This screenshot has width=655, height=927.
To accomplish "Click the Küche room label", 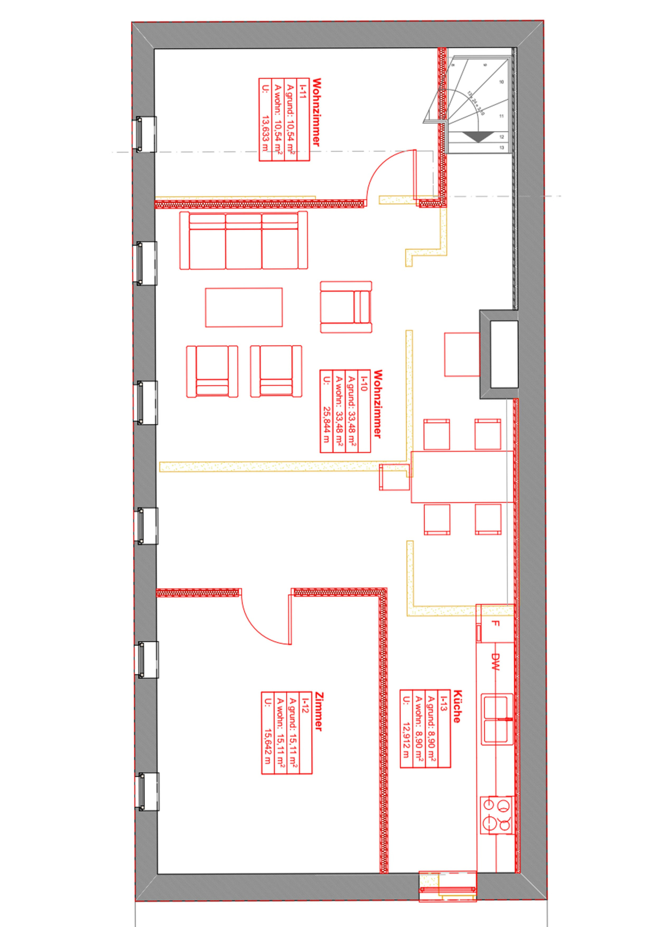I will pos(457,706).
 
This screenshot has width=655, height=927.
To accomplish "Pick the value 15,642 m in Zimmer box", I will pos(267,746).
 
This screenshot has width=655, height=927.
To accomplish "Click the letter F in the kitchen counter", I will pos(495,623).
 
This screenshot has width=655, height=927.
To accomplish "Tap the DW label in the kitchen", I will pos(495,662).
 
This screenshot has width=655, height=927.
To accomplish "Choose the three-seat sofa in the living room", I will pos(244,240).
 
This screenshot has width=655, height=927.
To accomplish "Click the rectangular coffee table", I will pos(244,307).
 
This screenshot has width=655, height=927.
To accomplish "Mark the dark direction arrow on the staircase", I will pos(477,136).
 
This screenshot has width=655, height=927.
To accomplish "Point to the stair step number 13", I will pos(501,148).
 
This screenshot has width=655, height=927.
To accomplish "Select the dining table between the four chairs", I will pos(462,477).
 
